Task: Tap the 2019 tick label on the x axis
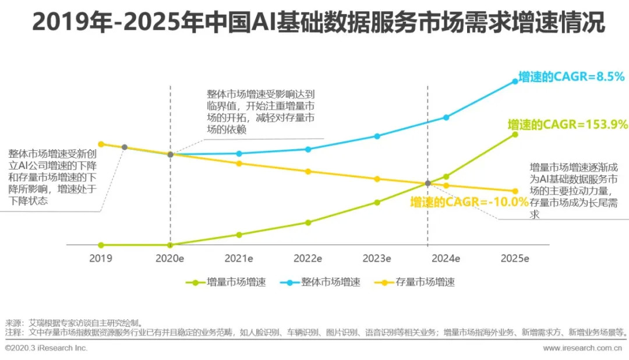(101, 257)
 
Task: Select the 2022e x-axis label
(308, 257)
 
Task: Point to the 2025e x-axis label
(514, 257)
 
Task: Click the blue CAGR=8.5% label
(563, 76)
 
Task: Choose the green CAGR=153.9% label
(567, 124)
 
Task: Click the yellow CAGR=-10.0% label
(469, 202)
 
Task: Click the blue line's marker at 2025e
(515, 81)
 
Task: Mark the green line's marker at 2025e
(515, 135)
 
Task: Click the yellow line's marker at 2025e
(515, 191)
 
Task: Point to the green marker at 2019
(101, 245)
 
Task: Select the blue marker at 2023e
(377, 136)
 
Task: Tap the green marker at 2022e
(308, 223)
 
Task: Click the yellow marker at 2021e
(239, 164)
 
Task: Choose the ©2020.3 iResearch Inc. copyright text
(47, 348)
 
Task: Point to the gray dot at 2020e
(170, 154)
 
